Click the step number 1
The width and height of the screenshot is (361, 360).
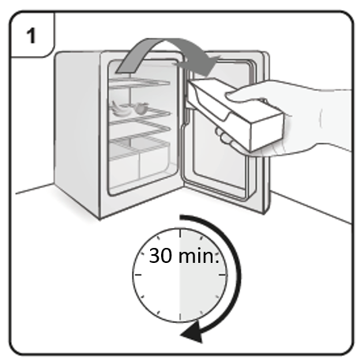point(31,36)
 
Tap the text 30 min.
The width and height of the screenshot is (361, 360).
point(184,256)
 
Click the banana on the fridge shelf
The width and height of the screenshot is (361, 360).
point(120,109)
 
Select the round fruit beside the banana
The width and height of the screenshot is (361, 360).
point(141,109)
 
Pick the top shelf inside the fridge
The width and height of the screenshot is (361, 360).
point(140,82)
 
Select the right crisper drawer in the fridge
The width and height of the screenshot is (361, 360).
point(154,161)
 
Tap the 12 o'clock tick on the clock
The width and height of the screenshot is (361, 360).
point(180,233)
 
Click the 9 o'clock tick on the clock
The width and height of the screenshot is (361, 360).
point(137,275)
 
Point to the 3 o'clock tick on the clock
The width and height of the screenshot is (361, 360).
point(223,275)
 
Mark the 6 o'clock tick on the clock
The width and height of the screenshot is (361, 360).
point(180,317)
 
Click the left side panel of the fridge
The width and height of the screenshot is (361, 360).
point(77,132)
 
